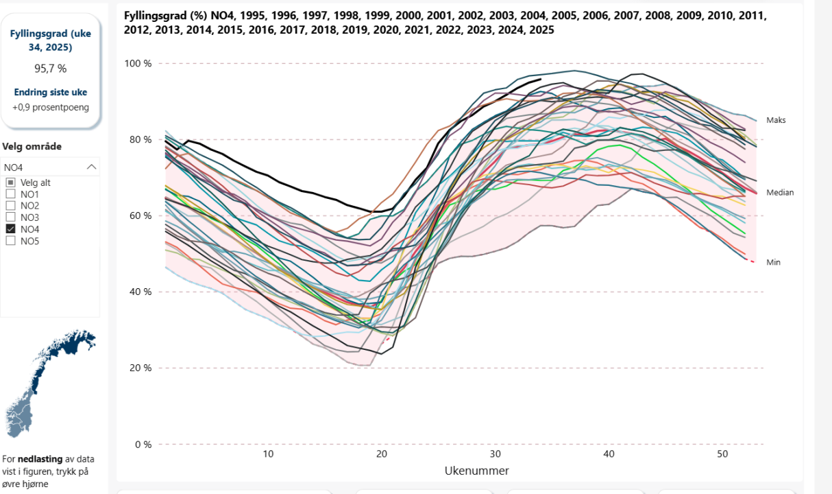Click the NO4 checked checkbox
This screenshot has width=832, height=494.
(x=11, y=229)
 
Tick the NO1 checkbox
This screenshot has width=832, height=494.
(x=11, y=194)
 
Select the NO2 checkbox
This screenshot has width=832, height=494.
(x=11, y=206)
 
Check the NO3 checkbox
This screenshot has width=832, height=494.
(x=11, y=217)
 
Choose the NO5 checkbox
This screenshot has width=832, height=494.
(x=11, y=241)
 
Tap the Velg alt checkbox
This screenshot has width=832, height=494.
(x=11, y=183)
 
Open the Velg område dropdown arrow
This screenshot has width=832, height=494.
(x=92, y=167)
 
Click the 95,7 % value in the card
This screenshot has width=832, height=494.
(x=50, y=69)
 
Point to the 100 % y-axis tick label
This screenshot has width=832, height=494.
(x=137, y=64)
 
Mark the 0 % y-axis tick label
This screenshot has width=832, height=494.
(x=141, y=445)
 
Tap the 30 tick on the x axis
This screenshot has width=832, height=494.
(x=495, y=454)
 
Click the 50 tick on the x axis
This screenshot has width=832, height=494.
(x=722, y=454)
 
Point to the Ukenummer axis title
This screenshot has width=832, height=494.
(x=477, y=471)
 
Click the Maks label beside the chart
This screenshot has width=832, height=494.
(x=776, y=120)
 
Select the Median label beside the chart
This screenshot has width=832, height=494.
(x=780, y=193)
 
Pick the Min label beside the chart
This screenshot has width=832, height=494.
(x=773, y=262)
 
